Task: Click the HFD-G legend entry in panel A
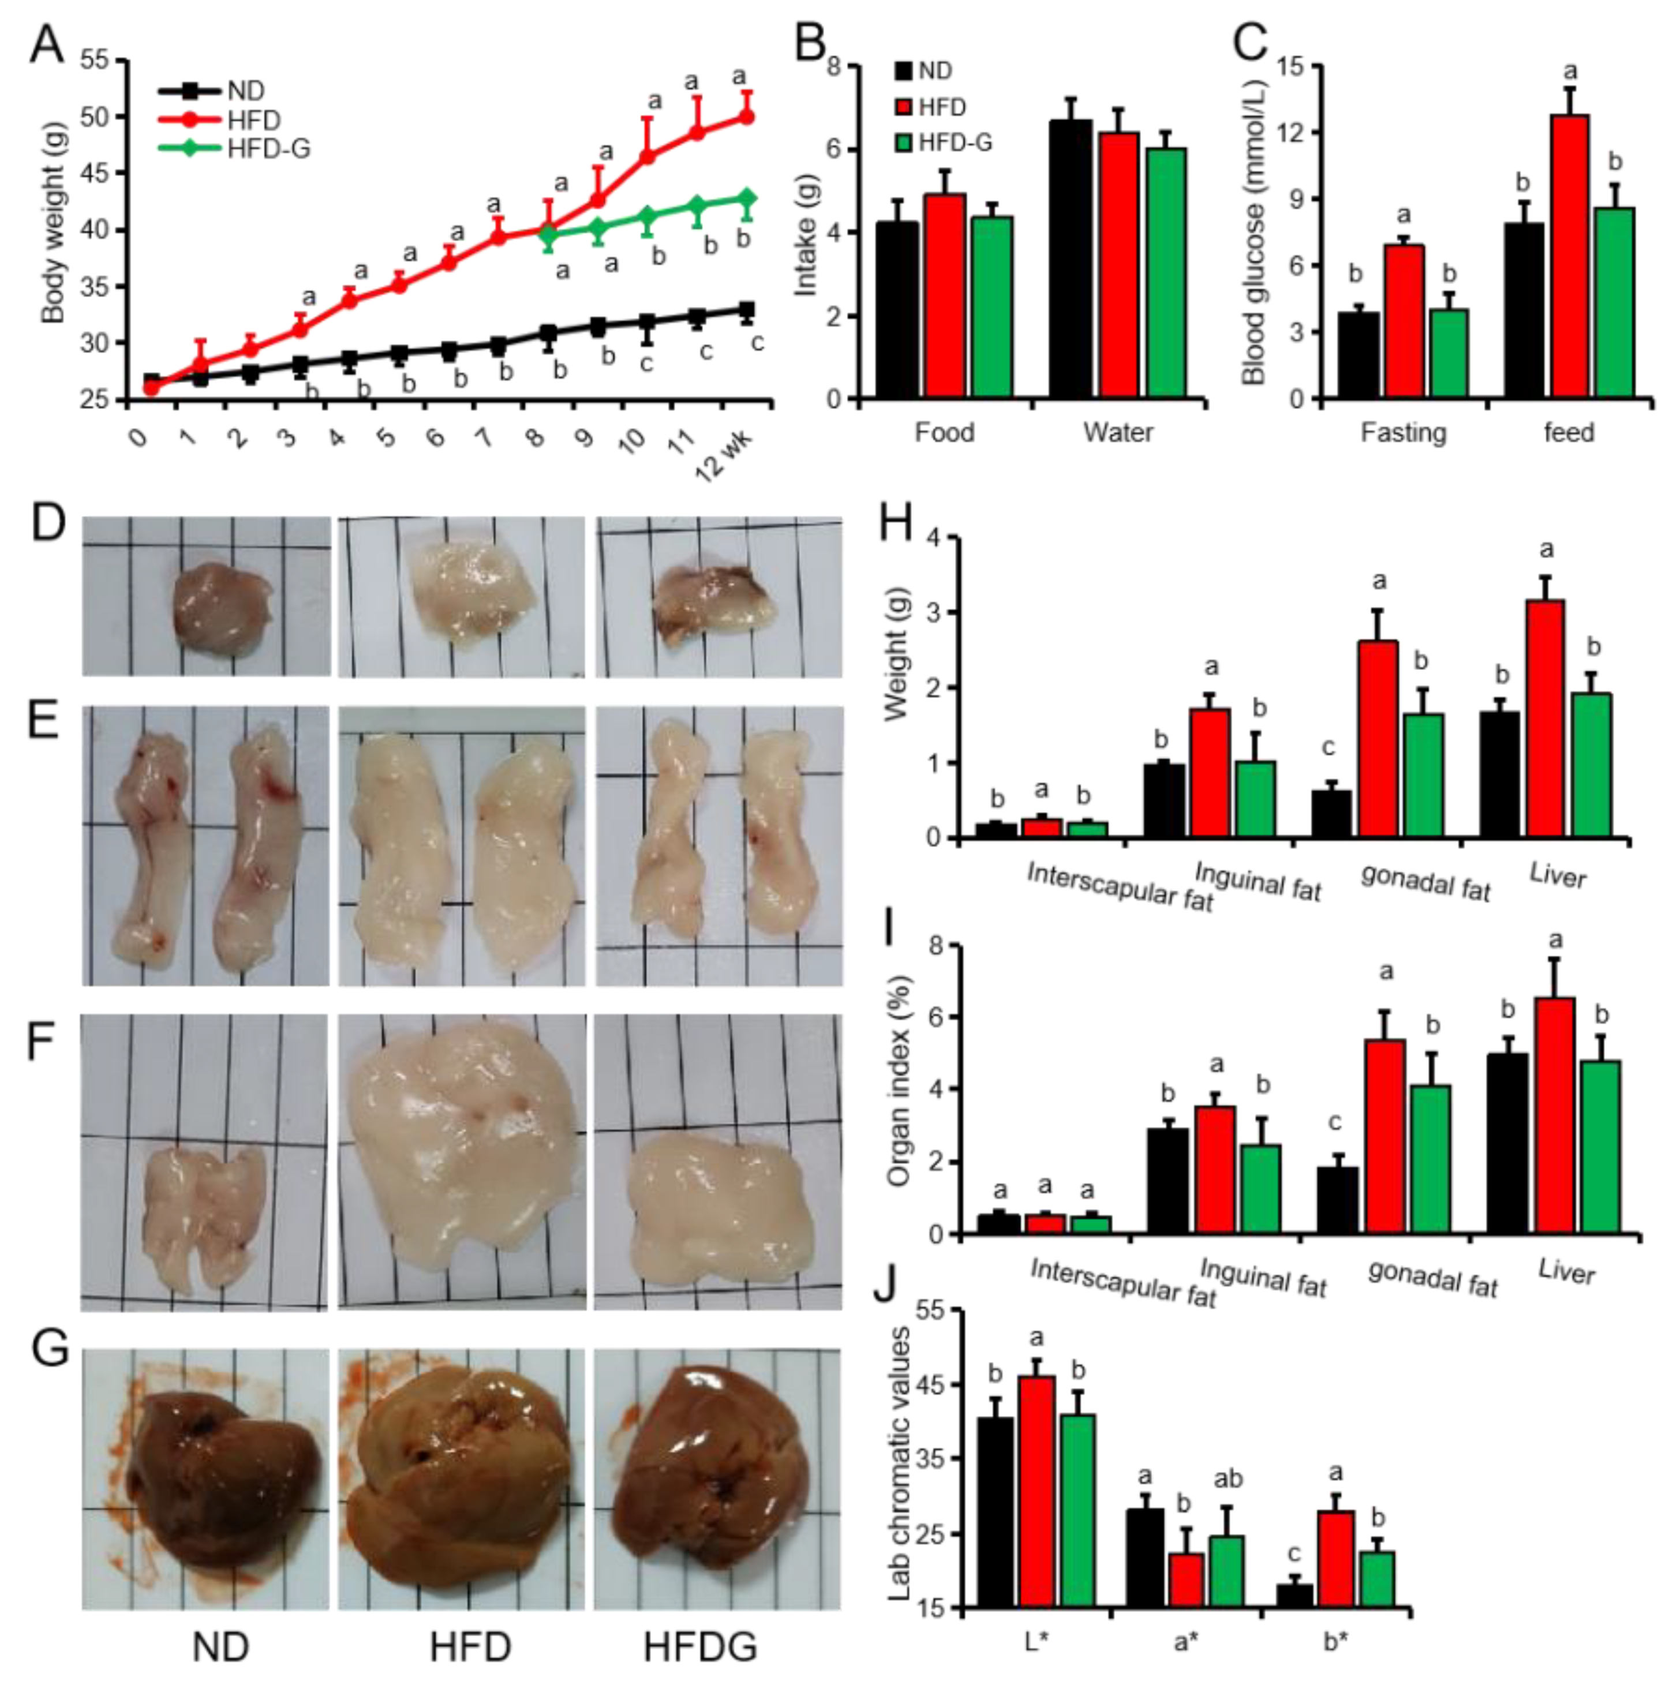[267, 149]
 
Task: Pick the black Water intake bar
[1071, 259]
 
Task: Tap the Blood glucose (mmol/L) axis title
[1254, 233]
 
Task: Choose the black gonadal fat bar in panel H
[1330, 814]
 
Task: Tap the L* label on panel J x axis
[1035, 1642]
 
